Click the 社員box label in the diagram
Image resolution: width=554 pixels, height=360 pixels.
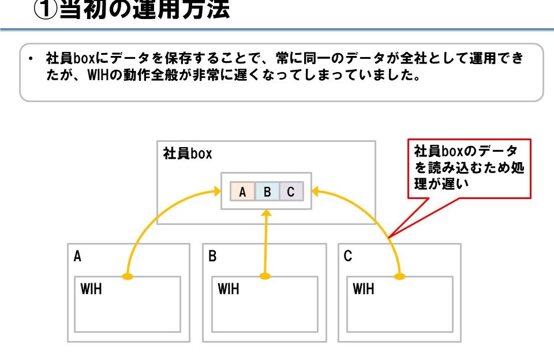coord(188,154)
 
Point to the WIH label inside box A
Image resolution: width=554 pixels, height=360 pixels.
coord(91,288)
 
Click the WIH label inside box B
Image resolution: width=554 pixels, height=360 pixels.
coord(229,288)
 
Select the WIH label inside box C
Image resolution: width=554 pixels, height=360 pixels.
coord(364,288)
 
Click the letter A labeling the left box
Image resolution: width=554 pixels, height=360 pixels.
coord(77,257)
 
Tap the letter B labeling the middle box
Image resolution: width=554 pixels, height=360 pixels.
coord(212,257)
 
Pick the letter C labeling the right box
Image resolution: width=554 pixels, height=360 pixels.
coord(348,257)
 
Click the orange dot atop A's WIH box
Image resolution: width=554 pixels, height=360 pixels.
coord(128,276)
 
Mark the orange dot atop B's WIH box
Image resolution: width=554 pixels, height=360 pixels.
coord(265,276)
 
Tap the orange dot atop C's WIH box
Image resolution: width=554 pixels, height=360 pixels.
coord(399,276)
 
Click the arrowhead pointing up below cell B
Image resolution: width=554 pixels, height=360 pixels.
coord(266,212)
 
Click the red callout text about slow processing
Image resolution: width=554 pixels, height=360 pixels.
coord(469,168)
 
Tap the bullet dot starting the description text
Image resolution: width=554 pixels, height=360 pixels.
coord(29,59)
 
